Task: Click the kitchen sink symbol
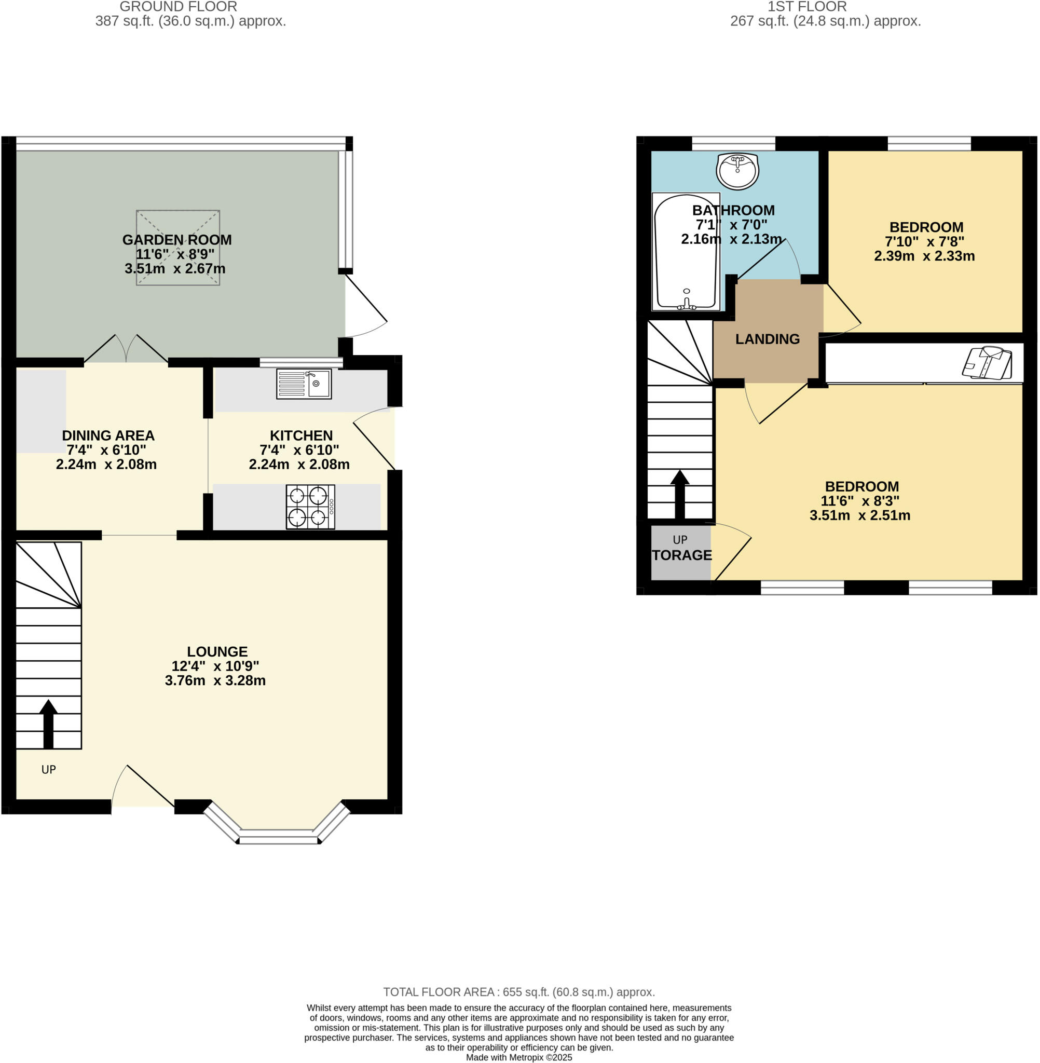[304, 384]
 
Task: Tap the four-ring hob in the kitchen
[310, 507]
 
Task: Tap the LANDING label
[768, 339]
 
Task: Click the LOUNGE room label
[217, 652]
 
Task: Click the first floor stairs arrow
[679, 494]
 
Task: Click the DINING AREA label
[108, 435]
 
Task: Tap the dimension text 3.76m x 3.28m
[215, 680]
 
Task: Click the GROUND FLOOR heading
[178, 7]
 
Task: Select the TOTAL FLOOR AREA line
[519, 992]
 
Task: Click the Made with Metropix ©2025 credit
[519, 1057]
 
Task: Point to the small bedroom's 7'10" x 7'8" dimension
[924, 241]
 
